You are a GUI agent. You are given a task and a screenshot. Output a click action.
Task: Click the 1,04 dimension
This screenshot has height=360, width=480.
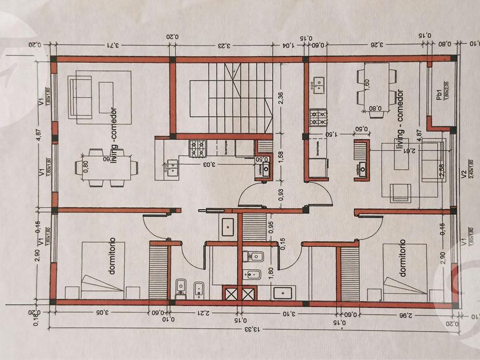coord(290,45)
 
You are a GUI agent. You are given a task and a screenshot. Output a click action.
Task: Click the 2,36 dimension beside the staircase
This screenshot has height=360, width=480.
coord(281,98)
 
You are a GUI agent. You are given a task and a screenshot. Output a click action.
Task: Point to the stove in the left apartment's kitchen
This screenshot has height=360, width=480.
coord(197,149)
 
